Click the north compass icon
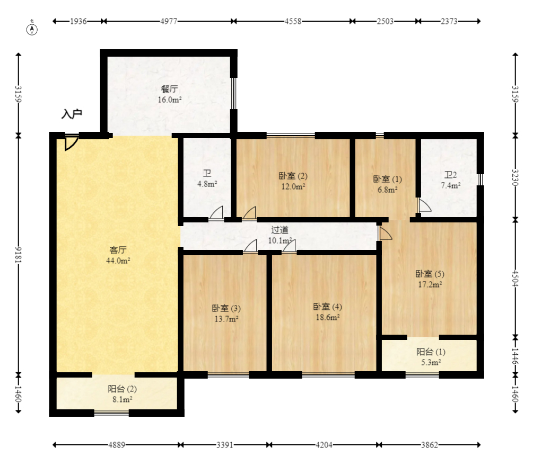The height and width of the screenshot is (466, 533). tap(33, 29)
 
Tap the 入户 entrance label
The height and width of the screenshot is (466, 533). tap(72, 114)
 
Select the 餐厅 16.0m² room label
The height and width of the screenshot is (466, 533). tap(170, 94)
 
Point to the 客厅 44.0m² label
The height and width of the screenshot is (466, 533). tap(118, 255)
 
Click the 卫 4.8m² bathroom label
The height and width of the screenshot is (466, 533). tap(207, 178)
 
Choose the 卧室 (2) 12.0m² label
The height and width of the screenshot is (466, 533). tap(293, 181)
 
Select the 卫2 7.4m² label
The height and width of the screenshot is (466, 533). tap(450, 180)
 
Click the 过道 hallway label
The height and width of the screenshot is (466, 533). tap(280, 235)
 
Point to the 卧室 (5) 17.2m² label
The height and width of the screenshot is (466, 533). tap(430, 279)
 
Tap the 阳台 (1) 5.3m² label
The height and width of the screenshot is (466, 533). tap(431, 357)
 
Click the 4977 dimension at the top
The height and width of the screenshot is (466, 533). tap(169, 21)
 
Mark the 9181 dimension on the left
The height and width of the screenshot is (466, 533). tap(19, 254)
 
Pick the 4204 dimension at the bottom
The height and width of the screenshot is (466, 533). tap(324, 445)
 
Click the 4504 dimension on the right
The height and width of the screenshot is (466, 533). tap(515, 278)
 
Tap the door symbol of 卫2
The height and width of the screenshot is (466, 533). tap(424, 205)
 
